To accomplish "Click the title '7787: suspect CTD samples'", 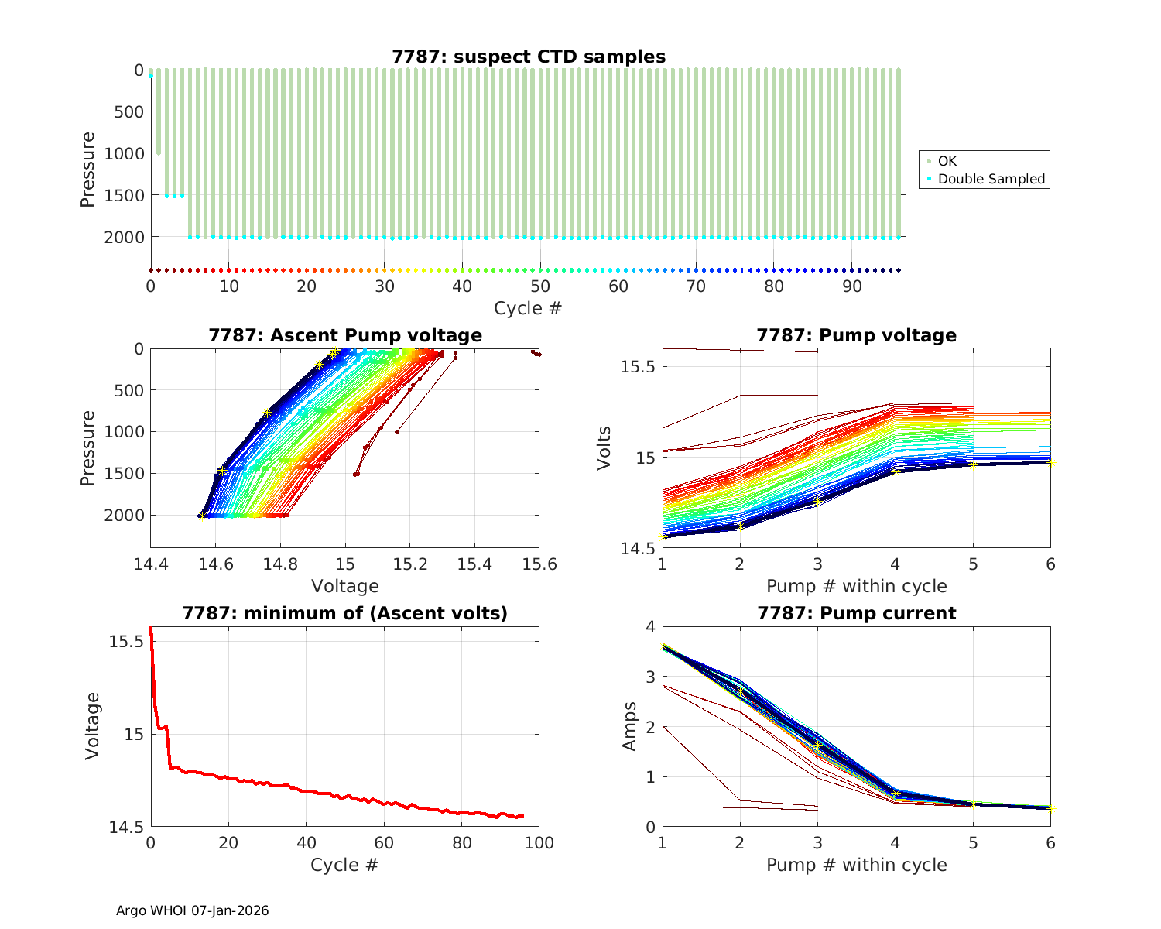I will (x=529, y=57).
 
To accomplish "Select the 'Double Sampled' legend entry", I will (x=991, y=179).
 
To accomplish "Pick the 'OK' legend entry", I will (x=947, y=161).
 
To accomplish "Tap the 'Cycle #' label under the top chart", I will (x=528, y=308).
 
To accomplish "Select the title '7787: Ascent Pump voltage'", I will (x=345, y=335).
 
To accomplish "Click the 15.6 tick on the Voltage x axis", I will (x=539, y=564).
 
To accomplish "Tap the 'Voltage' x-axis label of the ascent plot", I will (x=345, y=586).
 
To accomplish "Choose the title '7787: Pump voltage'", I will (x=856, y=335).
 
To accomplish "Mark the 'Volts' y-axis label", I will (x=605, y=447).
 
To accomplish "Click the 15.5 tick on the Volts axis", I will (x=638, y=366).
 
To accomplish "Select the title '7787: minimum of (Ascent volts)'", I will (x=345, y=614).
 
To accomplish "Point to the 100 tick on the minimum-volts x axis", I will (x=539, y=843).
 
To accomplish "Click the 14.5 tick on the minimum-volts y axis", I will (x=126, y=828).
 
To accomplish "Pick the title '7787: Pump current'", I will (x=856, y=614).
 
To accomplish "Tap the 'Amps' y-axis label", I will (x=630, y=726).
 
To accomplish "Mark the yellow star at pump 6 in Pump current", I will (x=1051, y=809).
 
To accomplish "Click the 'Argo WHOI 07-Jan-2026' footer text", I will (x=193, y=910).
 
